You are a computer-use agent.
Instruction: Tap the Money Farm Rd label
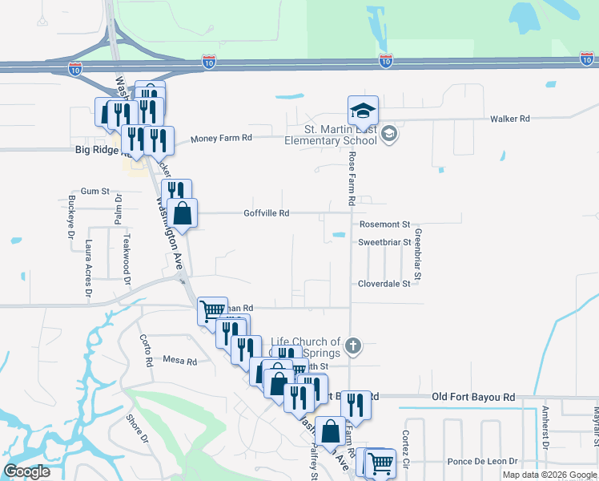coord(221,138)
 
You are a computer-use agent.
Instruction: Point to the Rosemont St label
coord(384,224)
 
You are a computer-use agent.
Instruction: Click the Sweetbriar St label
coord(384,241)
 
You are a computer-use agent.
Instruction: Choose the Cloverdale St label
coord(384,284)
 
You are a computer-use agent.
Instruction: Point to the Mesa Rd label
coord(179,362)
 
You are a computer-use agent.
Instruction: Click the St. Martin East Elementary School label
coord(331,135)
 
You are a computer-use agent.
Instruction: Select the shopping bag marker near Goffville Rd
coord(183,214)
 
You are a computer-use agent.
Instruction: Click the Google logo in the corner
coord(27,471)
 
